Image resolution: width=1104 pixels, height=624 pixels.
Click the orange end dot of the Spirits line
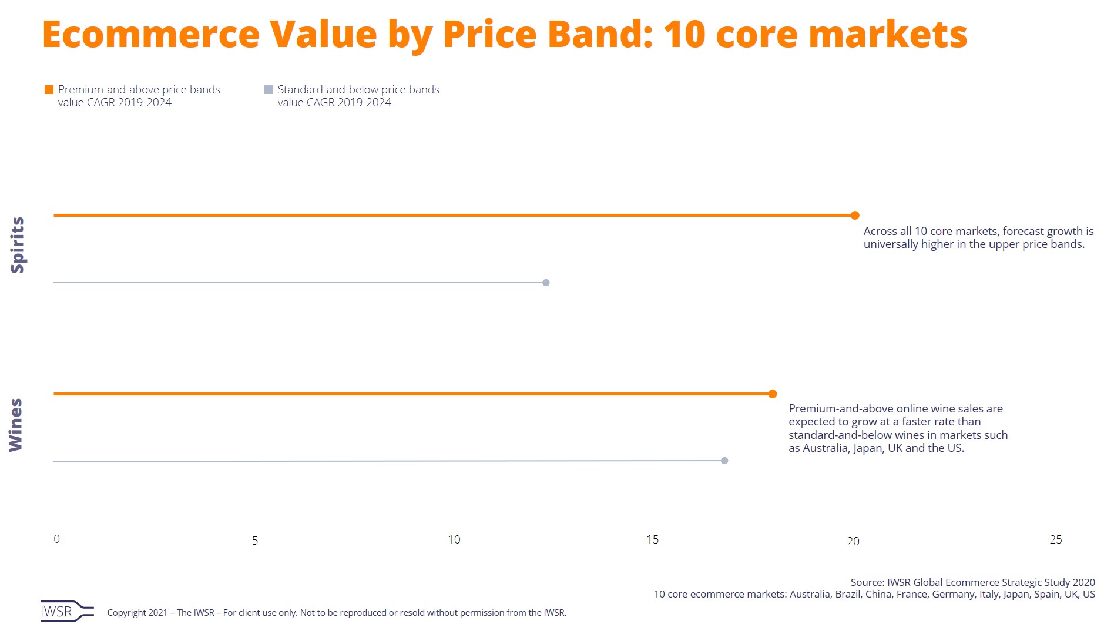coord(855,216)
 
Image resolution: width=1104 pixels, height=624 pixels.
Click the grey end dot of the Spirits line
coord(546,283)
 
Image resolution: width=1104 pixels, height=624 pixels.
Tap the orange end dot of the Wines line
coord(773,394)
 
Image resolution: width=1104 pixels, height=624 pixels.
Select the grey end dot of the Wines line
coord(724,461)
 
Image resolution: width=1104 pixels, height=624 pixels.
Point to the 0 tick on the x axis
coord(56,539)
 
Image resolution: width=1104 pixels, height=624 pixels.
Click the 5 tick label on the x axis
coord(255,541)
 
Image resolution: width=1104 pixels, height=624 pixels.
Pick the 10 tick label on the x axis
coord(454,539)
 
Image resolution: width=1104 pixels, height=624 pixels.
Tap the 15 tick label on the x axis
coord(652,539)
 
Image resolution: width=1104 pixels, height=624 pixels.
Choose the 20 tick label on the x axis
coord(853,541)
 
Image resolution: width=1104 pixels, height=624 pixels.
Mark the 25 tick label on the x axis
coord(1056,539)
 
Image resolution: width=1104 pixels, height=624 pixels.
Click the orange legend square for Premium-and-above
coord(49,90)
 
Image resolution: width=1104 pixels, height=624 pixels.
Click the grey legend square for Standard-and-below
coord(269,90)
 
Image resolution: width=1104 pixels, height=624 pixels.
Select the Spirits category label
coord(18,245)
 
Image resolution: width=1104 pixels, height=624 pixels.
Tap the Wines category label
coord(16,425)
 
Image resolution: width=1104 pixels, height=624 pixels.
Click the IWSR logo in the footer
coord(66,611)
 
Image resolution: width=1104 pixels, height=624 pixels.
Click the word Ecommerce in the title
coord(150,34)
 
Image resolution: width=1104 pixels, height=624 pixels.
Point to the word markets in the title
coord(888,34)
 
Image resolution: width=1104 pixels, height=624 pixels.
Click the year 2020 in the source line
coord(1083,582)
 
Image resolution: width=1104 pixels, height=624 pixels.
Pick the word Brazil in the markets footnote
coord(848,594)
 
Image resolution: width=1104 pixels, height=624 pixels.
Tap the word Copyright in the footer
coord(128,612)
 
